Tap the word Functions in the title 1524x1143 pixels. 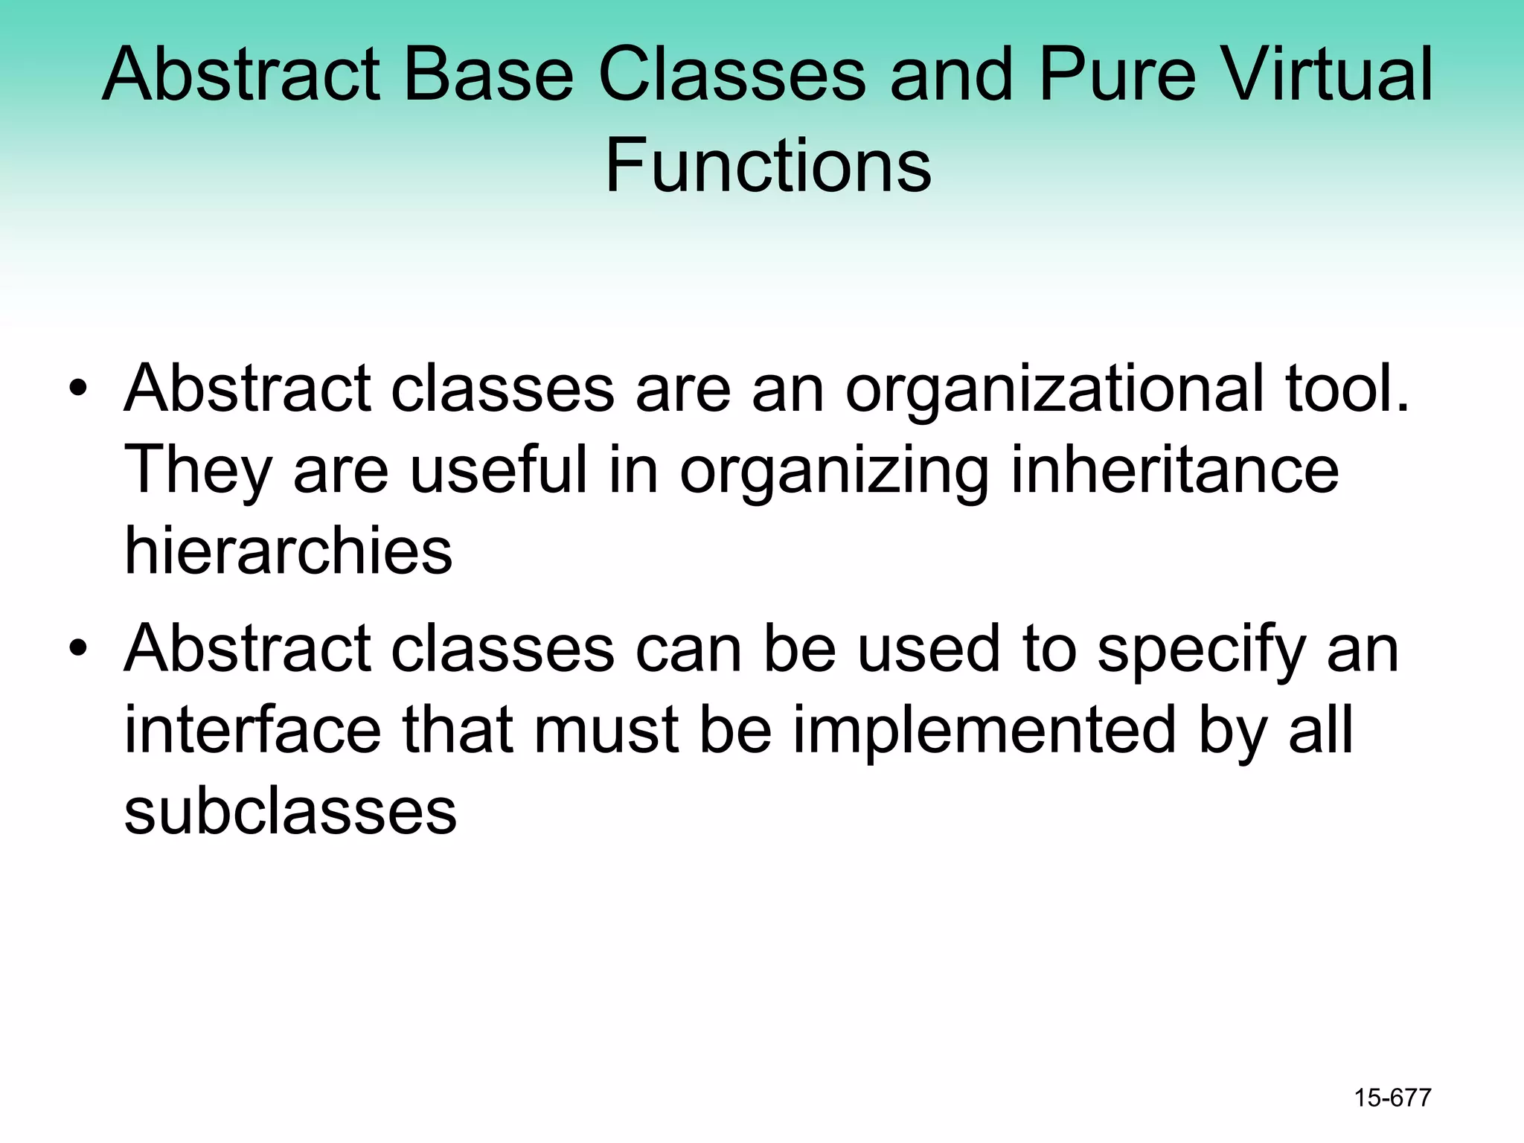click(x=767, y=164)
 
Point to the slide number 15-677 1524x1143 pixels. click(x=1392, y=1098)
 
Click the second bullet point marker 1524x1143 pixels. click(x=77, y=648)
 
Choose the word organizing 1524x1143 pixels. click(x=834, y=472)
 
